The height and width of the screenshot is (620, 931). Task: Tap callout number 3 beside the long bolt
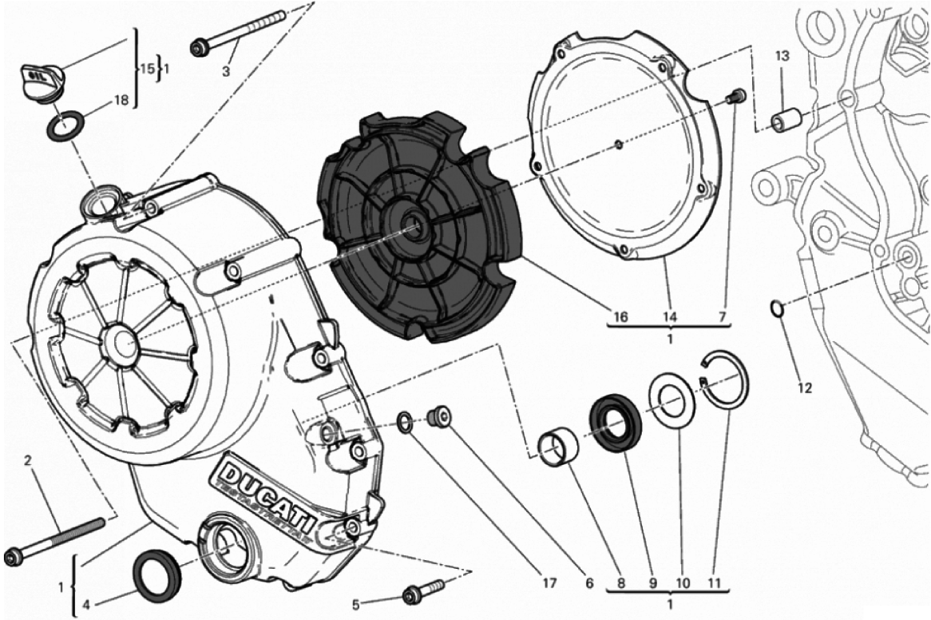pyautogui.click(x=226, y=72)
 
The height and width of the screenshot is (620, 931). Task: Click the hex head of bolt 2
pyautogui.click(x=13, y=556)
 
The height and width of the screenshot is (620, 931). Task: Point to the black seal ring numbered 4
pyautogui.click(x=156, y=574)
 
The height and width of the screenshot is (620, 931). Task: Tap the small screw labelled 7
pyautogui.click(x=736, y=97)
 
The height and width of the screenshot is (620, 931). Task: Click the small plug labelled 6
pyautogui.click(x=438, y=415)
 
